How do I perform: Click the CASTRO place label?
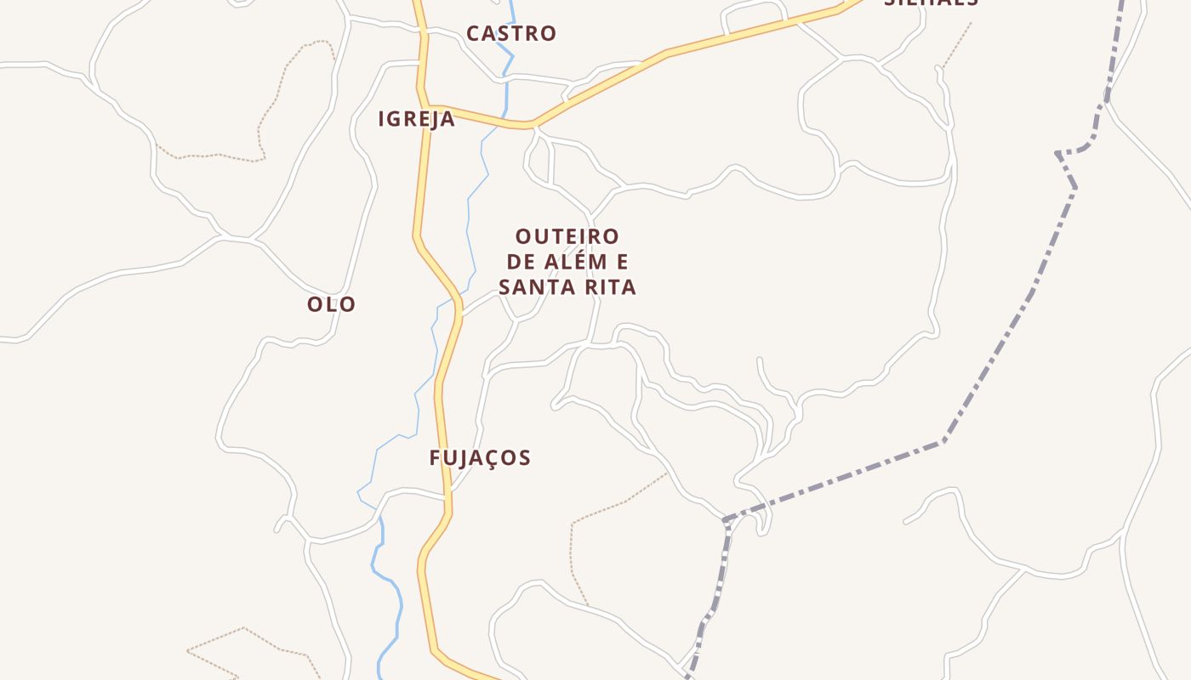[x=511, y=34]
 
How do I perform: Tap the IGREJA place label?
[x=416, y=120]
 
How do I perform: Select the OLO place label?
[x=331, y=304]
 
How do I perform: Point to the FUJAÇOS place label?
[x=480, y=458]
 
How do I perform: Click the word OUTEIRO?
[x=567, y=236]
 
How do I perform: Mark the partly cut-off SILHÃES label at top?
[x=931, y=3]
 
